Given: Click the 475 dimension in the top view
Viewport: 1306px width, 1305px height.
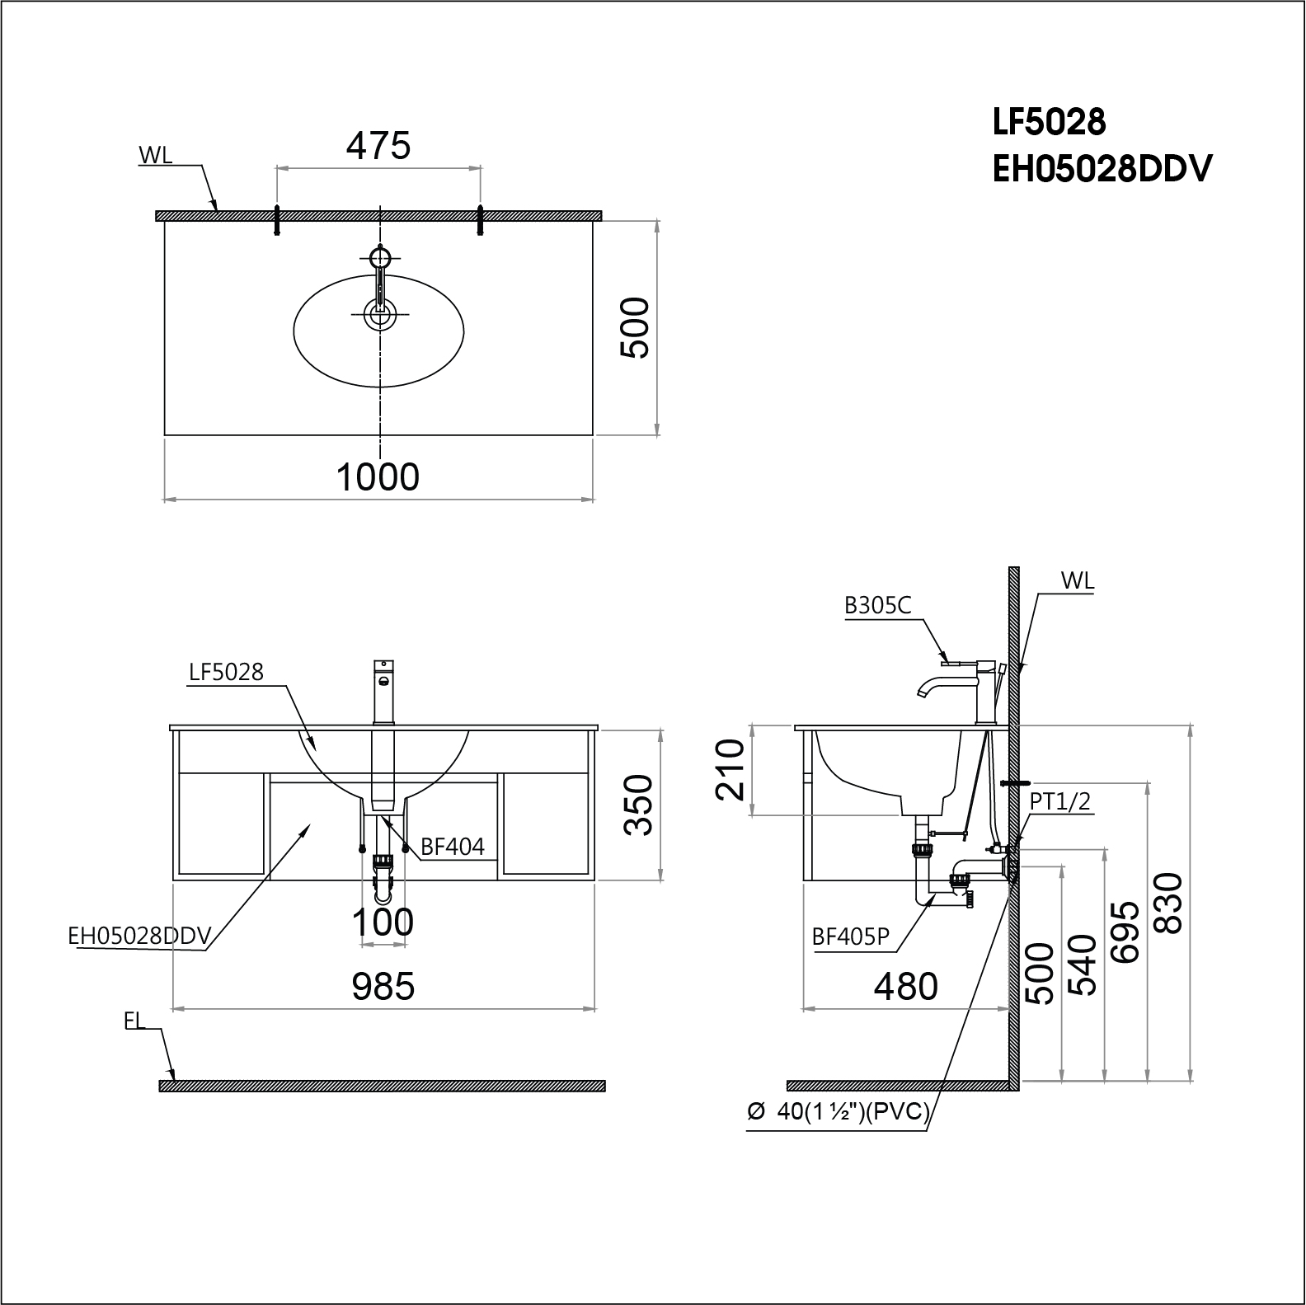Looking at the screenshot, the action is click(378, 146).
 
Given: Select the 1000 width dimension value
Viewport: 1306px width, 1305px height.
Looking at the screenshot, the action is click(378, 477).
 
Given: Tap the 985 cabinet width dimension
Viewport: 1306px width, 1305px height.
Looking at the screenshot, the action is click(383, 986).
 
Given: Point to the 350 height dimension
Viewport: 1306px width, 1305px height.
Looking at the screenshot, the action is click(639, 805).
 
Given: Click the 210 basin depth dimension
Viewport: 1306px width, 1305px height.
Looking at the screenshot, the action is click(731, 770).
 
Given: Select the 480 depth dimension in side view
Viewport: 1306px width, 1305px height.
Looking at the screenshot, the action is click(906, 986).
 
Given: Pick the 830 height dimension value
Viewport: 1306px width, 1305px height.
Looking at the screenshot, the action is click(1169, 903).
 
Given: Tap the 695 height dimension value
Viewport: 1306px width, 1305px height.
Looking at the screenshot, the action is click(1125, 932).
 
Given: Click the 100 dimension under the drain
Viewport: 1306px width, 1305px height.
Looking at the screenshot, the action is click(383, 922).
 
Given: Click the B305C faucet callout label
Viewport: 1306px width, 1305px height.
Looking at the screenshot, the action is click(878, 606).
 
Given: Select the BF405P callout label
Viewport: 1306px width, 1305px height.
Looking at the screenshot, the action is click(851, 937).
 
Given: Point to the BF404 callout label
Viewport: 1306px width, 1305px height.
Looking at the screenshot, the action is click(453, 847).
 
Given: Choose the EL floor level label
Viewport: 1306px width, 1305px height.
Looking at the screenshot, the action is click(134, 1021).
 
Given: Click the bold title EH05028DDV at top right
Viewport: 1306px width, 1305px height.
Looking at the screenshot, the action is click(1102, 170).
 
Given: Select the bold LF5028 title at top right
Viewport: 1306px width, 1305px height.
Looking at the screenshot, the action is click(1049, 123).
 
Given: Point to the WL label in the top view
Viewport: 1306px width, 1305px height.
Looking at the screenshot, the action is click(156, 156).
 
